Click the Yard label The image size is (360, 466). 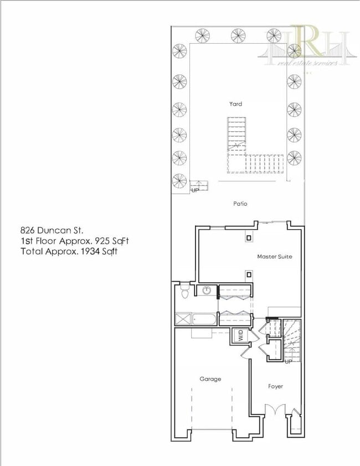pyautogui.click(x=235, y=104)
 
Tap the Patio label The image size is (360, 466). pyautogui.click(x=240, y=204)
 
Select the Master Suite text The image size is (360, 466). pyautogui.click(x=274, y=257)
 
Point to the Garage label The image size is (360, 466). pyautogui.click(x=210, y=379)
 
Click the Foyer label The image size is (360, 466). pyautogui.click(x=275, y=386)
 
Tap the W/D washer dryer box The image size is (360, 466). pyautogui.click(x=241, y=335)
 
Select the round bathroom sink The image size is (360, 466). pyautogui.click(x=207, y=290)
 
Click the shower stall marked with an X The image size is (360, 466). pyautogui.click(x=182, y=319)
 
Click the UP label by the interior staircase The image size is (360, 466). pyautogui.click(x=288, y=361)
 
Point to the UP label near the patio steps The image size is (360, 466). pyautogui.click(x=195, y=190)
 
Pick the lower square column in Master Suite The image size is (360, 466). pyautogui.click(x=249, y=275)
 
